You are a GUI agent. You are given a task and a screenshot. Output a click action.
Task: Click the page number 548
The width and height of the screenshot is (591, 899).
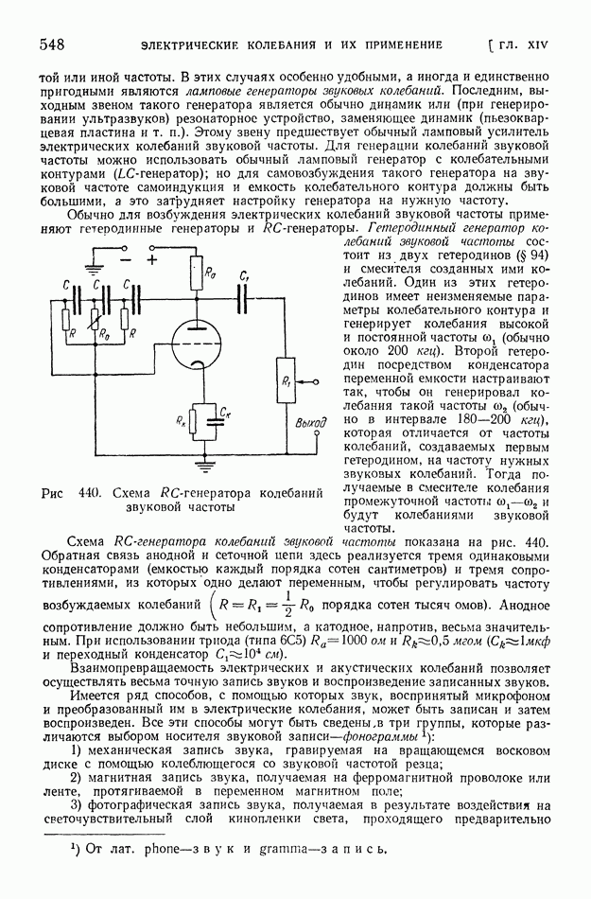click(x=50, y=44)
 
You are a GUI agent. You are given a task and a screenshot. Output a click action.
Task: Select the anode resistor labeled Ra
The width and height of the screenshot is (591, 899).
click(x=206, y=275)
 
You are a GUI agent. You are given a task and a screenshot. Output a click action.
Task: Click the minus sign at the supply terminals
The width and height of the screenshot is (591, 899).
click(x=125, y=256)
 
